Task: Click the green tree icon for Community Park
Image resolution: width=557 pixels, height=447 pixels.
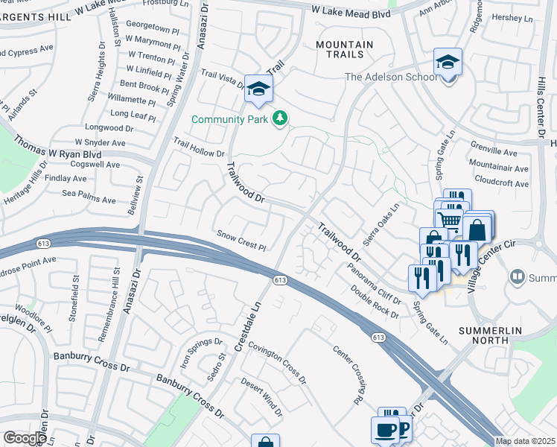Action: [280, 119]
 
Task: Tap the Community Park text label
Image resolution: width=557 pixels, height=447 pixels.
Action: [230, 119]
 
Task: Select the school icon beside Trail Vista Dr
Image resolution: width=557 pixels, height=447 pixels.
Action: [258, 89]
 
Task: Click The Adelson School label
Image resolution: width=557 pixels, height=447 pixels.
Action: [390, 77]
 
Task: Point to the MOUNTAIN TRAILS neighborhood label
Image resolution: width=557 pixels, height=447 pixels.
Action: [344, 50]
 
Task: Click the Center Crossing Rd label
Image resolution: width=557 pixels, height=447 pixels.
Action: [347, 376]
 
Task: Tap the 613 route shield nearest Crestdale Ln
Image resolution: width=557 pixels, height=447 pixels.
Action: [279, 280]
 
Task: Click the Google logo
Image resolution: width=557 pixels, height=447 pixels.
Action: [25, 437]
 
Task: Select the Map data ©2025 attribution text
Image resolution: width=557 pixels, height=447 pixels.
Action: [525, 442]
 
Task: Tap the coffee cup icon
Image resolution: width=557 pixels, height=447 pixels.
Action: [386, 430]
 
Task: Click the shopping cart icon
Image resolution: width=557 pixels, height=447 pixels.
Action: [448, 219]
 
